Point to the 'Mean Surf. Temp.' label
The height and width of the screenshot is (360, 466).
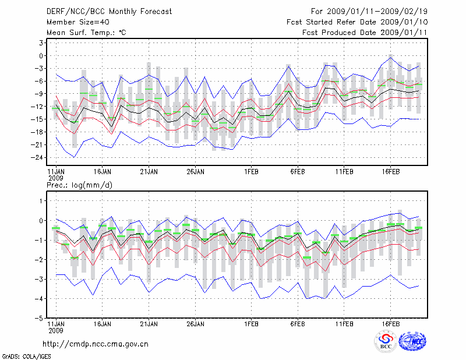pos(86,33)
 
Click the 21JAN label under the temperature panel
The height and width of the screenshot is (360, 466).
pos(149,172)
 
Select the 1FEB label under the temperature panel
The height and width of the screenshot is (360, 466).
pos(251,172)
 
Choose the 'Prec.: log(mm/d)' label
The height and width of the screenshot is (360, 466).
pos(80,185)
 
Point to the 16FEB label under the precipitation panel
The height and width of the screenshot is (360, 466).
pos(390,322)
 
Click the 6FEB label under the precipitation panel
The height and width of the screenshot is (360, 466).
pos(297,322)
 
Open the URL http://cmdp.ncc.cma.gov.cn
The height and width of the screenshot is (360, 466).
pos(96,344)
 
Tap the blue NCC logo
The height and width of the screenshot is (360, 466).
pos(412,342)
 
